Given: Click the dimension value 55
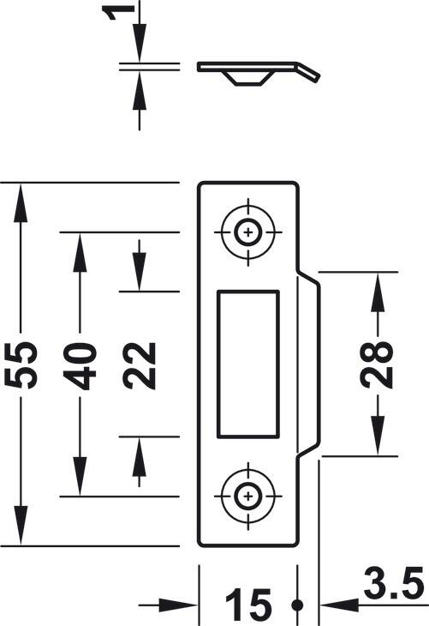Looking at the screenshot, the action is pos(21,364).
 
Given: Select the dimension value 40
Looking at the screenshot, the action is pos(80,366).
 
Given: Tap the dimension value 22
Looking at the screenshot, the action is pos(139,365).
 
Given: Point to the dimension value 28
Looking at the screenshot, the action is pos(377,364).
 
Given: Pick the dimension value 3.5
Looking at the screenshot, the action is pos(394,583).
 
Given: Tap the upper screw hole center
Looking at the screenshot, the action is pos(248,232).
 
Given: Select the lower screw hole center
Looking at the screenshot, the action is pos(248,497).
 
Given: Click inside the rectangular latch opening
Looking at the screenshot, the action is pos(248,364).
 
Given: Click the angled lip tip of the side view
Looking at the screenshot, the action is pos(318,77).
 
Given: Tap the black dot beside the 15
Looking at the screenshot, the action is pos(296,605).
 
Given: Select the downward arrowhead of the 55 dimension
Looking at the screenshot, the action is pos(21,525).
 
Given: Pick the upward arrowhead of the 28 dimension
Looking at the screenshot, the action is pos(378,292).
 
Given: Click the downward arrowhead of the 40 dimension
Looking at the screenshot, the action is pos(80,476).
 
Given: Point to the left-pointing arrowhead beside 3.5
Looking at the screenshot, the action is pos(340,605).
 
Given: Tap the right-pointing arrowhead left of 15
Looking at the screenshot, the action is pos(179,605).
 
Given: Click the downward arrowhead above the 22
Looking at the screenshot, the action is pos(139,272).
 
